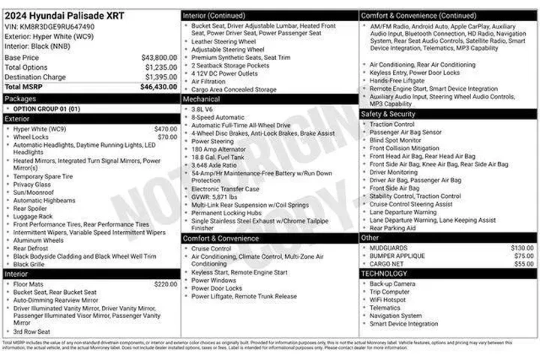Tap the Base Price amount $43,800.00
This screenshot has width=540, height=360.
pos(159,57)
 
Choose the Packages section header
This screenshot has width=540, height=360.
pos(20,98)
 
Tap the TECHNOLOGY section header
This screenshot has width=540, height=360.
pos(385,273)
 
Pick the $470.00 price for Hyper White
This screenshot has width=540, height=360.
pos(165,129)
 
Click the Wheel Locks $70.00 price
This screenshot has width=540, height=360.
pos(167,137)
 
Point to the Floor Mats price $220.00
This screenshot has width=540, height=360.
pos(165,284)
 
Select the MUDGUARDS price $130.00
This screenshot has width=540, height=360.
pos(522,247)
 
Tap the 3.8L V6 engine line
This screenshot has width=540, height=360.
pos(202,109)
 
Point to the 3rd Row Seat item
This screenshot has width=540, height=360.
pos(31,331)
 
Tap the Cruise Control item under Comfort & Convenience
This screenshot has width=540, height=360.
pos(211,248)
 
